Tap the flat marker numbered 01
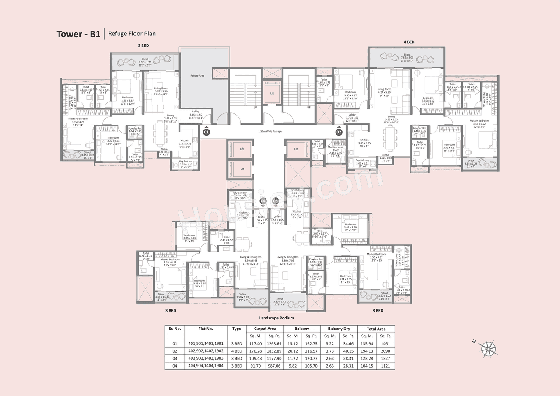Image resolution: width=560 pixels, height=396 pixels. tap(206, 131)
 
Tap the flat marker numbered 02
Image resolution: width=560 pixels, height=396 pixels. tap(339, 131)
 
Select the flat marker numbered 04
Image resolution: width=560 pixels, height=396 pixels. tap(263, 201)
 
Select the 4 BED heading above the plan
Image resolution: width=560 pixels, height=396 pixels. tap(409, 42)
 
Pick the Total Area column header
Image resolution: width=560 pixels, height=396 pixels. tap(376, 329)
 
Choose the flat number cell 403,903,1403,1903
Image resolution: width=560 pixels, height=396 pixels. tap(206, 358)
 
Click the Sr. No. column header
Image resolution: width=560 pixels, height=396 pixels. tap(175, 329)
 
